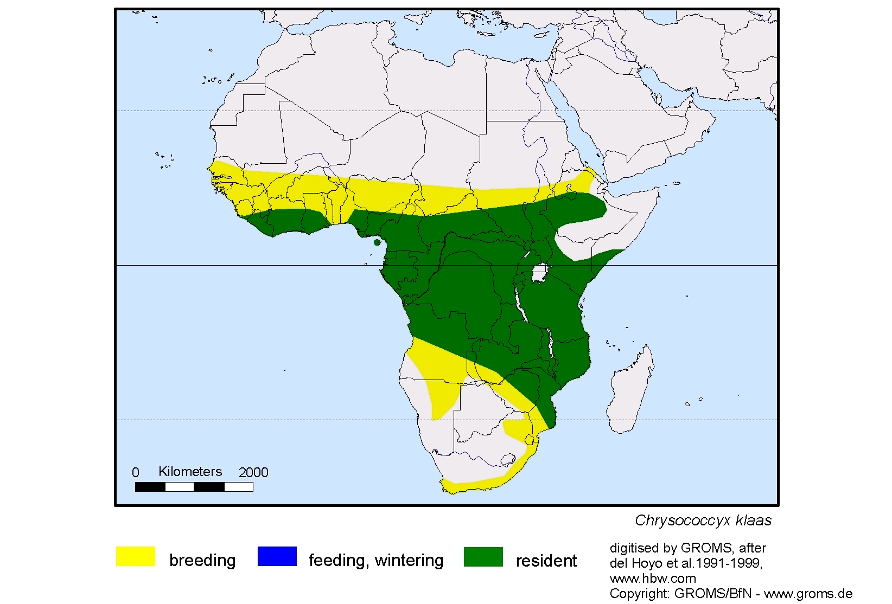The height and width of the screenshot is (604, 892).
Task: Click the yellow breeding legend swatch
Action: click(x=135, y=556)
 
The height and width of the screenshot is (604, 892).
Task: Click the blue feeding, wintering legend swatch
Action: click(x=277, y=556)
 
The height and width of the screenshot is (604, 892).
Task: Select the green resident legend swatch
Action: click(x=483, y=556)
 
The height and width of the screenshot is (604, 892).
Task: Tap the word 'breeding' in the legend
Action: click(x=202, y=560)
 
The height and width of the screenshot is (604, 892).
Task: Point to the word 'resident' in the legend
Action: click(x=546, y=561)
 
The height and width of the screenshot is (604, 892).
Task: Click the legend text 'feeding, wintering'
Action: click(x=375, y=560)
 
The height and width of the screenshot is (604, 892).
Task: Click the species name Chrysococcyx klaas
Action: click(x=703, y=521)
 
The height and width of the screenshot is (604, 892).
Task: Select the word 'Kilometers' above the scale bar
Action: click(x=190, y=471)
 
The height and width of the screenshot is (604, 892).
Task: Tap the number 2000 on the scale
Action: click(x=253, y=472)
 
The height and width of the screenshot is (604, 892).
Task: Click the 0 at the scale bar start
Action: click(x=136, y=472)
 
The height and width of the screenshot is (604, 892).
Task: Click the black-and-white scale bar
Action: click(x=194, y=487)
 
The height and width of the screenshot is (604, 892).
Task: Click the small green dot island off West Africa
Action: click(x=377, y=242)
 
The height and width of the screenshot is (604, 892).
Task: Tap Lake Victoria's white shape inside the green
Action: click(x=539, y=273)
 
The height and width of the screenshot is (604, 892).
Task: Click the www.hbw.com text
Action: click(x=652, y=578)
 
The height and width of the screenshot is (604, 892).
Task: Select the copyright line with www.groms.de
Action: click(x=730, y=594)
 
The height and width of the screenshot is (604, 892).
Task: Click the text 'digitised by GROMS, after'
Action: click(x=687, y=548)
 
